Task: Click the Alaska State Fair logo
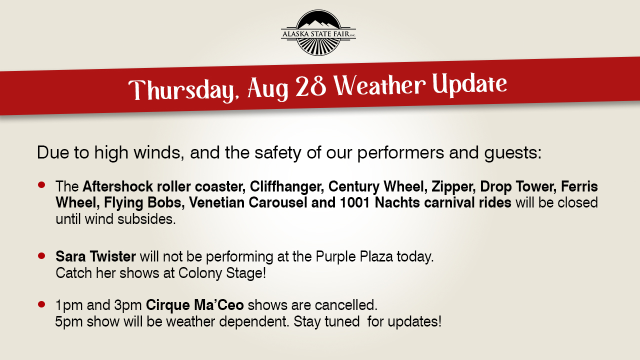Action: click(x=318, y=32)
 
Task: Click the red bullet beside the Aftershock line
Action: click(x=41, y=185)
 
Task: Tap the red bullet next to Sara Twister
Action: click(x=41, y=255)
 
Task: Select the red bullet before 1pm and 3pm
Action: click(x=41, y=304)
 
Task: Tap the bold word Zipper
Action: click(x=453, y=187)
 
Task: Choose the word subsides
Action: click(x=146, y=219)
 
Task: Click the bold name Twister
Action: click(x=112, y=256)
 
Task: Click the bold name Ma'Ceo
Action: click(x=219, y=305)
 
